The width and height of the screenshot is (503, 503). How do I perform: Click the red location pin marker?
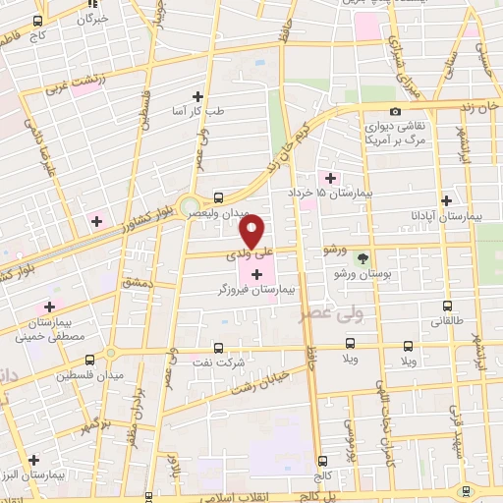[252, 232]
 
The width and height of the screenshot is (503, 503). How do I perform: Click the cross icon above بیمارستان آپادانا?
[448, 198]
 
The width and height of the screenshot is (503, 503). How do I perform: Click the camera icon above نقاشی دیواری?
[395, 111]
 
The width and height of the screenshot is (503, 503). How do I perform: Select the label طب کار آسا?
[198, 112]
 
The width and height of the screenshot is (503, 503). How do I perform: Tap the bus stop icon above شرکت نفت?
[218, 347]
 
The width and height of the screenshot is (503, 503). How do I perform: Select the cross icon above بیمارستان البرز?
[33, 459]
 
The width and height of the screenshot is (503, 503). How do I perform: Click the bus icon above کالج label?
[322, 461]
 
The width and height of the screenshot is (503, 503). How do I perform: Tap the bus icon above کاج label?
[37, 21]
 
